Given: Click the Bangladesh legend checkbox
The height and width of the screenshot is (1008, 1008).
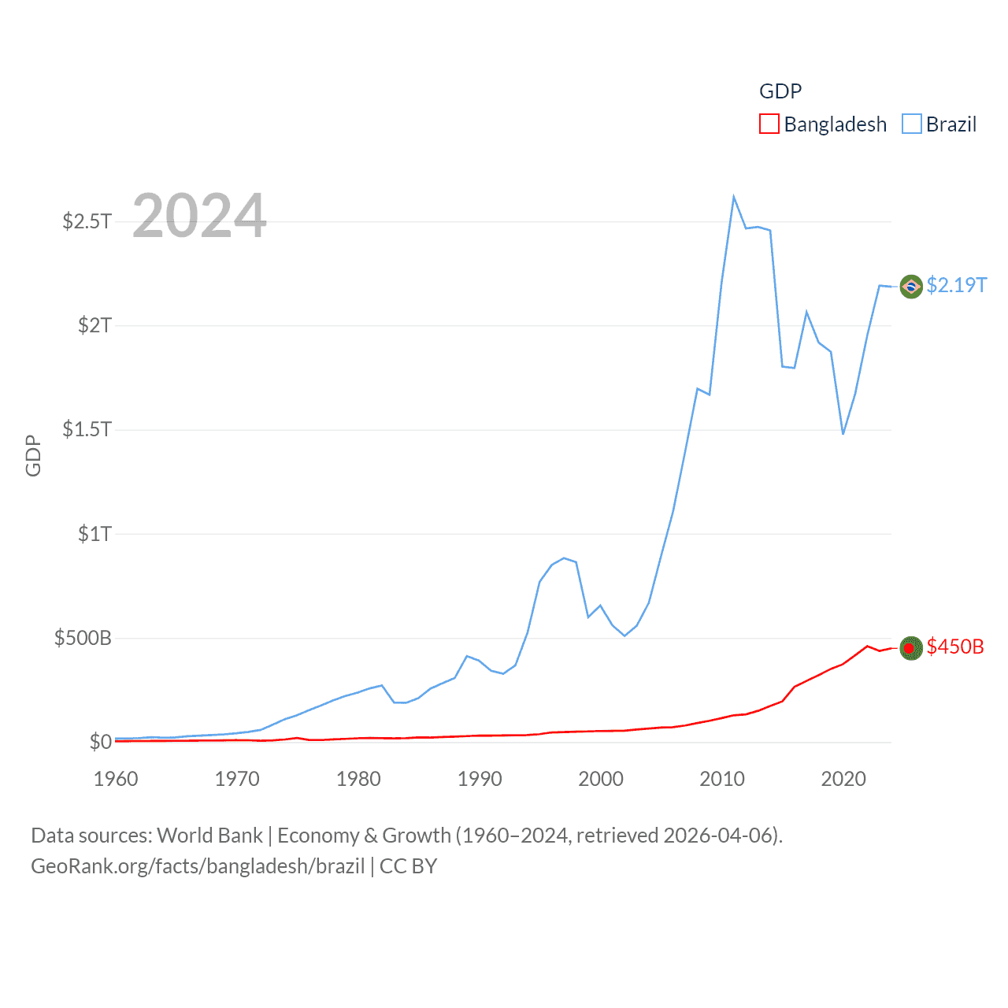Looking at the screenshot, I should point(769,124).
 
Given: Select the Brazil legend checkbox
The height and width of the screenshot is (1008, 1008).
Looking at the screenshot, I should point(912,124).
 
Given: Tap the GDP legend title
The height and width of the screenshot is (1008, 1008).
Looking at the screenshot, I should point(780,91).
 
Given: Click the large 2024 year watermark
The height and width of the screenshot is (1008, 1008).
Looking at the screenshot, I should point(199,216).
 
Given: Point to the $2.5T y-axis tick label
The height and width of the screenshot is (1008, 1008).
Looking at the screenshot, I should point(87,221).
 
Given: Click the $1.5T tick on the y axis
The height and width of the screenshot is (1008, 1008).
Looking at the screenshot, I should point(87,429).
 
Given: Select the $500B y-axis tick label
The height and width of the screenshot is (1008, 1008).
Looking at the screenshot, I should point(83,638).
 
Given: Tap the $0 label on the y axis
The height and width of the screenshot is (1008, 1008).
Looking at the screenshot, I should point(100,742).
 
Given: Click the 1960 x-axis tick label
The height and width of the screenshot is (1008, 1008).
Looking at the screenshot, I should point(116,779).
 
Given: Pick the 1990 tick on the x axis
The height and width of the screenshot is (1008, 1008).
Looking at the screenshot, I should point(480,779).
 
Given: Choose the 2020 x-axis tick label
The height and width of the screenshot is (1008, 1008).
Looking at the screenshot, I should point(843,779).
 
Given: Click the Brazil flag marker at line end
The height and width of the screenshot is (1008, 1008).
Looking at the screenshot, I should point(911,286).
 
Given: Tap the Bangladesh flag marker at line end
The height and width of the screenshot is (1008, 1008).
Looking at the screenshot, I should point(911,648).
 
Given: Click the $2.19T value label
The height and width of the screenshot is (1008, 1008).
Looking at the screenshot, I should point(956,285).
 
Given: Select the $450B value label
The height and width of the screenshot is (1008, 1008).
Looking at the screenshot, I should point(955,647).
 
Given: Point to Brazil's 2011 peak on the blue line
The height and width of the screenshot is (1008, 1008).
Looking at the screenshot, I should point(734,197).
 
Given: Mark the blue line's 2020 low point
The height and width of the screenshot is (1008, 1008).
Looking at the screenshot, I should point(843,433).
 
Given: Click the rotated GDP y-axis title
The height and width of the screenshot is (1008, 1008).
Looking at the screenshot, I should point(33,455).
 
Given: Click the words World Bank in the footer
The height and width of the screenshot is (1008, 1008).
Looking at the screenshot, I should point(209,835).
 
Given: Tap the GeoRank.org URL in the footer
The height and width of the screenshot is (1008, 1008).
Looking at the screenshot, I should point(198,866).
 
